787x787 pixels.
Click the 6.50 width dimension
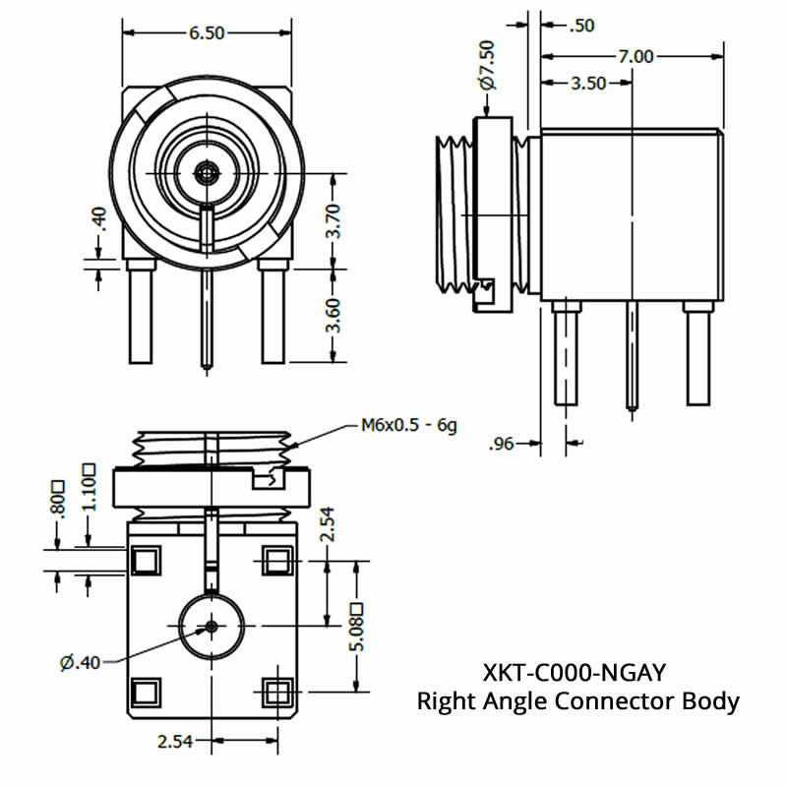[207, 32]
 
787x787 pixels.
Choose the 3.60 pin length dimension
[334, 315]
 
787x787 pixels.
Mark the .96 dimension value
[503, 445]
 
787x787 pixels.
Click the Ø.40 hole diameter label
[81, 662]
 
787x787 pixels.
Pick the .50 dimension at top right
[581, 26]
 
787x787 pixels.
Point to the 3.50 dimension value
[588, 84]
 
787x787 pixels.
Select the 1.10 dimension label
[89, 490]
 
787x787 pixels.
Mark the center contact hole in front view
[206, 173]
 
